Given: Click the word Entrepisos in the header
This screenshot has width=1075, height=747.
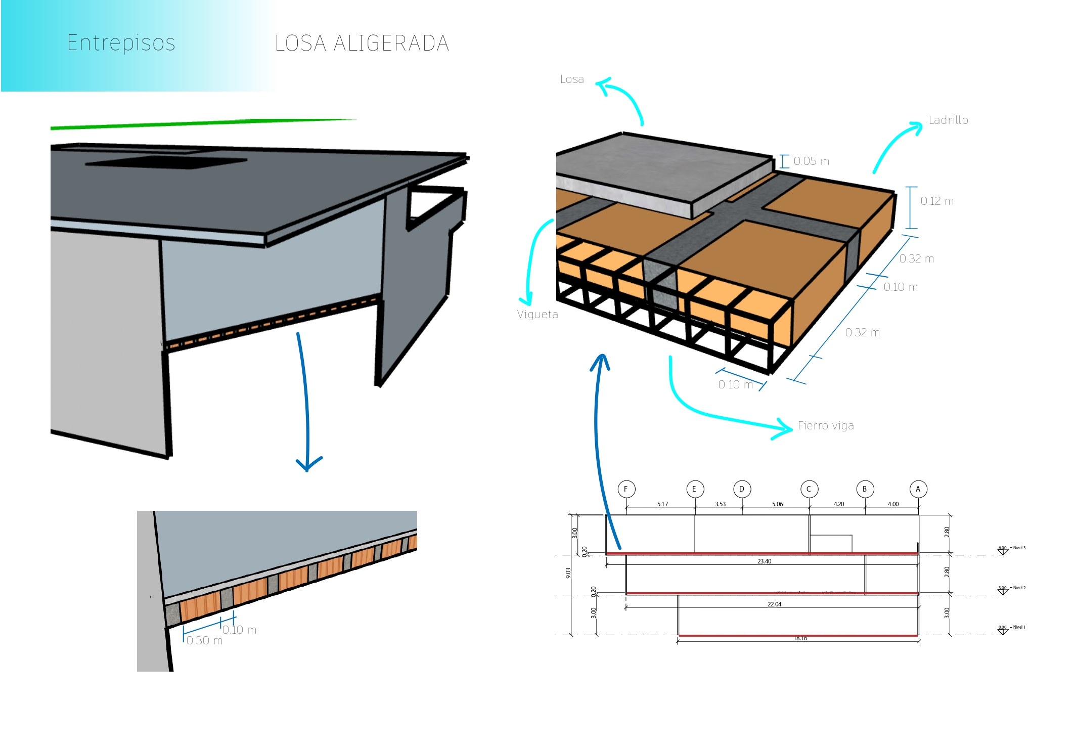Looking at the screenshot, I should point(121,43).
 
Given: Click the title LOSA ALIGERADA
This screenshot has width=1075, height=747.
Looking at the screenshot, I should point(362,43).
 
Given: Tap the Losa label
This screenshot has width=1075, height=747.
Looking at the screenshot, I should point(572,79).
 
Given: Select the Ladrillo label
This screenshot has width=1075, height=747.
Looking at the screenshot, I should point(948,120).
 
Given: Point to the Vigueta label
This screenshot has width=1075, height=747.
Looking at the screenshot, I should point(537,315).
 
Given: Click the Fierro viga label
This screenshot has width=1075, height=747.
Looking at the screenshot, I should point(826,426).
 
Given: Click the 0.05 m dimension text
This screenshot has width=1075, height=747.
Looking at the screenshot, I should point(811,161).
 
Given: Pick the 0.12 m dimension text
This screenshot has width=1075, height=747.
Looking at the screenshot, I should point(936,201).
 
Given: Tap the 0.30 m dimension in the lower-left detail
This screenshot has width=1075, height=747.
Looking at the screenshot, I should point(204,641).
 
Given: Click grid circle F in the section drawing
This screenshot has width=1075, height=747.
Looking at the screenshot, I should point(626,489).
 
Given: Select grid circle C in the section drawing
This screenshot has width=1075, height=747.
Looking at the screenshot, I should point(809,489).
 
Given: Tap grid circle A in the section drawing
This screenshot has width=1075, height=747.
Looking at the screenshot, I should point(918,489).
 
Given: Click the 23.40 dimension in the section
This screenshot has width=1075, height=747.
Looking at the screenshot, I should point(764,561).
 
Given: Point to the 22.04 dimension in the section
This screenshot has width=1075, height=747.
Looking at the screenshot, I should point(774,604).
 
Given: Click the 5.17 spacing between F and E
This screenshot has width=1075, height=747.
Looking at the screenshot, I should point(662,504).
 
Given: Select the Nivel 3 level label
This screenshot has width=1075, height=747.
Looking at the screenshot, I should point(1019,548).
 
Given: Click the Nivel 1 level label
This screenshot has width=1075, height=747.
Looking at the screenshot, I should point(1019,627).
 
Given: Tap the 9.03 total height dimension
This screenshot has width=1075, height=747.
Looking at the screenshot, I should point(568,573).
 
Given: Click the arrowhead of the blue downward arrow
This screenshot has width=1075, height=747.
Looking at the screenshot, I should point(307,466).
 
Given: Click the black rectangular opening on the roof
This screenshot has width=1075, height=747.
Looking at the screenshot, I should point(167,162).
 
